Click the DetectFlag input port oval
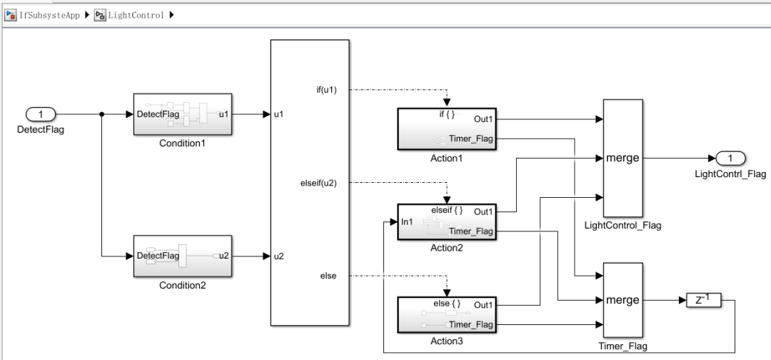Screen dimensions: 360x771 [41, 114]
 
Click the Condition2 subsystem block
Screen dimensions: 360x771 [182, 256]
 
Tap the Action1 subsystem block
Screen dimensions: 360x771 [446, 129]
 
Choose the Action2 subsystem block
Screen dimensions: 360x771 [446, 221]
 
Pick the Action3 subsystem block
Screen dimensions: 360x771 [446, 315]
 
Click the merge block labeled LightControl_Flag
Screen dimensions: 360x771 [623, 158]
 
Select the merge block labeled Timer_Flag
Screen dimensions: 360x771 [623, 300]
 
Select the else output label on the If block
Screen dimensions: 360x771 [328, 275]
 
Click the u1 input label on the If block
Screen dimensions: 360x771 [279, 114]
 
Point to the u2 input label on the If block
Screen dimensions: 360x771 [279, 256]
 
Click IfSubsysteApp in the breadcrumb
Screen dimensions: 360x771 [49, 15]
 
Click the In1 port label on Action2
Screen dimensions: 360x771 [407, 222]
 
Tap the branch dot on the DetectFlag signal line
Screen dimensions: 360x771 [102, 114]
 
